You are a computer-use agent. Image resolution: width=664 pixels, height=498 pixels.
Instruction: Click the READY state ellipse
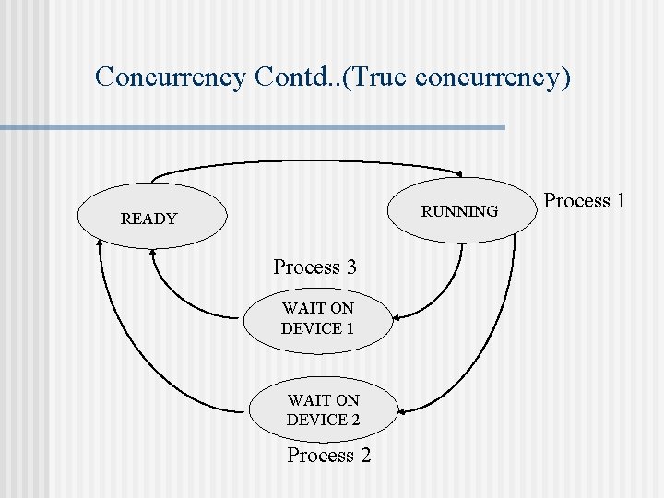point(152,218)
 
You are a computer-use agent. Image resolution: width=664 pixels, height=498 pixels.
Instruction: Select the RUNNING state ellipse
point(458,211)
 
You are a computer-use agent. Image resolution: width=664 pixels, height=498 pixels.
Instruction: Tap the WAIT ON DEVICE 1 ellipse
point(318,318)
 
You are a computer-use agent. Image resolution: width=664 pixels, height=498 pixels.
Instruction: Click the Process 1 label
point(584,200)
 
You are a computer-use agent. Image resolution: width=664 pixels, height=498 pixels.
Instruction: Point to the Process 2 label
point(328,455)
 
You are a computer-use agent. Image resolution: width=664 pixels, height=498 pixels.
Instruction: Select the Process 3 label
point(314,267)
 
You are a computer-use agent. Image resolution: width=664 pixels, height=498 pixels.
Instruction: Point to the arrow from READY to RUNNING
point(304,162)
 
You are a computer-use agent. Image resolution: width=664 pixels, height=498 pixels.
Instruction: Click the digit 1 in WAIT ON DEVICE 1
point(349,328)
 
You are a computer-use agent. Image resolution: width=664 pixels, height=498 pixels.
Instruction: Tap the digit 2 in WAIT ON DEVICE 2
point(355,420)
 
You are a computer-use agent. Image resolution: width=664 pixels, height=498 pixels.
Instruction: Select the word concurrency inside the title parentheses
point(488,77)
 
